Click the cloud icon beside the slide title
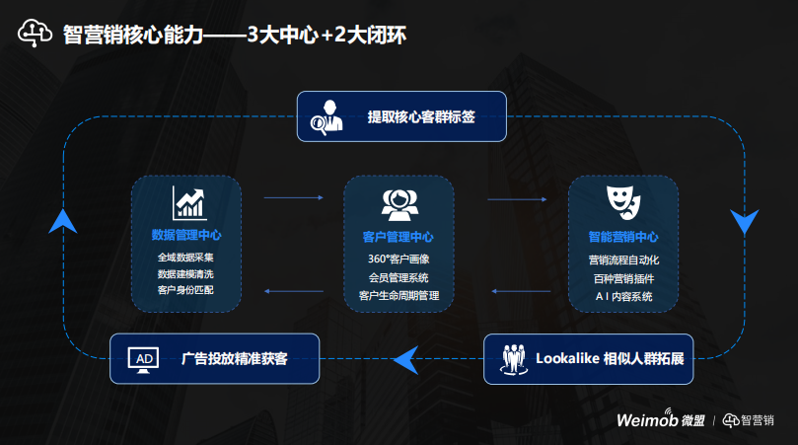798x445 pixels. [x=35, y=34]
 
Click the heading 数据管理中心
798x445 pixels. [x=186, y=236]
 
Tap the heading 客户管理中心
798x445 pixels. [x=398, y=237]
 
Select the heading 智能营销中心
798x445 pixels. [x=622, y=237]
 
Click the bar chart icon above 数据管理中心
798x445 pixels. [x=189, y=202]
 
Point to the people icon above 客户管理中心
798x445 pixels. [x=398, y=203]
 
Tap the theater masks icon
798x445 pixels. [x=623, y=200]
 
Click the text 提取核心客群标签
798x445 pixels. [x=421, y=116]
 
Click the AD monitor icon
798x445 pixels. [x=145, y=358]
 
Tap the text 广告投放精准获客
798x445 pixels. [x=235, y=358]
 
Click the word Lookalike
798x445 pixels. [x=568, y=357]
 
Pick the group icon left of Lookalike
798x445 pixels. [x=512, y=357]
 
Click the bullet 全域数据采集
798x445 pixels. [x=185, y=258]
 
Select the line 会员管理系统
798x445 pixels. [x=399, y=276]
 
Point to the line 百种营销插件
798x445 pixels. [x=622, y=277]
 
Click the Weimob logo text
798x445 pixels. [x=648, y=419]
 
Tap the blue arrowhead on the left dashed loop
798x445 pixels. [x=63, y=220]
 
